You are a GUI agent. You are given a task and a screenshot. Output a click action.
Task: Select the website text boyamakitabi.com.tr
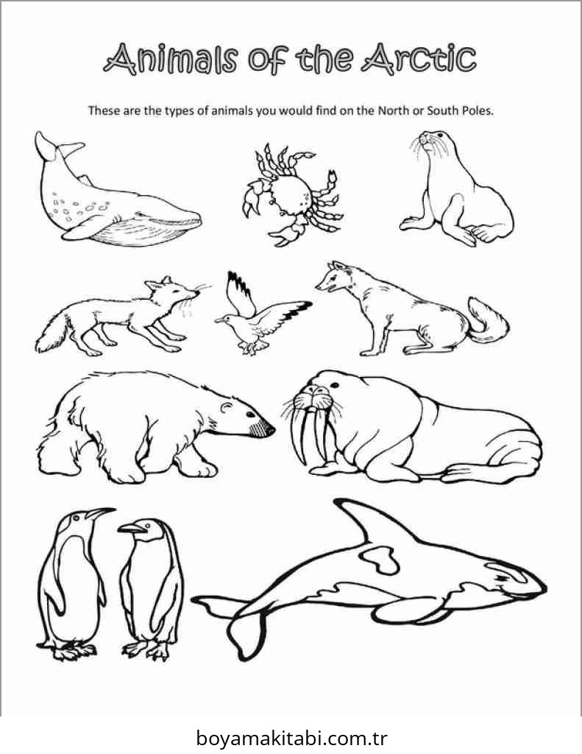[x=291, y=737]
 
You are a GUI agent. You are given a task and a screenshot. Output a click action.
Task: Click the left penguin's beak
[x=101, y=513]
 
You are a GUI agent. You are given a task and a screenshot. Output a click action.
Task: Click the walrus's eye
[x=335, y=385]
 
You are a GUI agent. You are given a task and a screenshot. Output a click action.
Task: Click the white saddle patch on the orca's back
[x=380, y=558]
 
